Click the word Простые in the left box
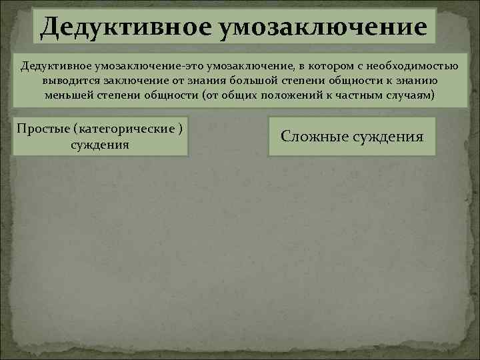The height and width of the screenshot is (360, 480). click(43, 128)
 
